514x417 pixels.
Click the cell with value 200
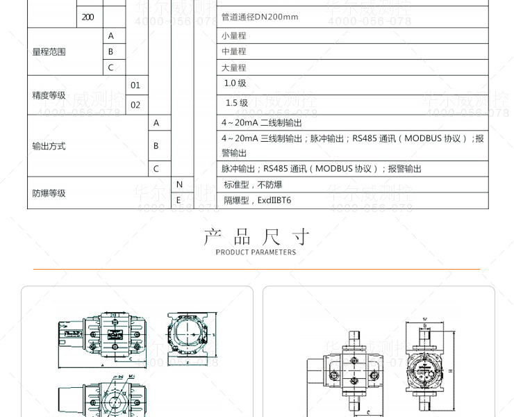click(x=88, y=17)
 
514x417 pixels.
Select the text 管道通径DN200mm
click(x=260, y=17)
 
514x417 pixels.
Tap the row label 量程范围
click(x=49, y=51)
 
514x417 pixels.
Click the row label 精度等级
click(x=49, y=95)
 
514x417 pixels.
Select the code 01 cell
click(x=135, y=85)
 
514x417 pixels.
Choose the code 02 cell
click(x=135, y=105)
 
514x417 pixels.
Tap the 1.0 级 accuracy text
click(x=235, y=83)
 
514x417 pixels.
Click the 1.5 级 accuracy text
click(x=236, y=103)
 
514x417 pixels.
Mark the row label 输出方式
click(x=49, y=146)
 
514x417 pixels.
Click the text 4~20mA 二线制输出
click(x=262, y=123)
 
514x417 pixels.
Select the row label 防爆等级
click(x=49, y=193)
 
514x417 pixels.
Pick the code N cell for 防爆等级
click(x=179, y=185)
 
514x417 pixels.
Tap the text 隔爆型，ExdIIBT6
click(x=258, y=200)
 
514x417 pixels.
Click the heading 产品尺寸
click(x=256, y=238)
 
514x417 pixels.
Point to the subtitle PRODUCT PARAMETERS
click(x=256, y=252)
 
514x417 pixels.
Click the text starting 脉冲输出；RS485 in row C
click(x=321, y=168)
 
